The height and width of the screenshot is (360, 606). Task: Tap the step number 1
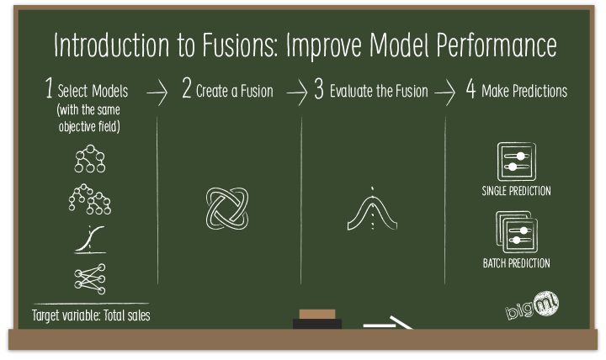50,91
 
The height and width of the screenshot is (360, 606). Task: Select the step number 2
187,91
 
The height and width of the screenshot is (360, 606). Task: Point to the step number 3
319,91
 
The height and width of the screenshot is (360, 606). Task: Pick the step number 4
470,91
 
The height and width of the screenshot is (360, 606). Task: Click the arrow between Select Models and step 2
157,93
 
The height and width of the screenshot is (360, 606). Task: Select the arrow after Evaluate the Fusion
446,93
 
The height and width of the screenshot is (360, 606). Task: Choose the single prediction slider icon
517,161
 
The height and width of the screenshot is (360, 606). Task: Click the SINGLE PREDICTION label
516,191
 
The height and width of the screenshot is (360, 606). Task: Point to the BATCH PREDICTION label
516,263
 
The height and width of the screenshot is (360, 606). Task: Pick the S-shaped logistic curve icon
90,239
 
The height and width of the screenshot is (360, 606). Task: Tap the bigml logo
533,306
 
